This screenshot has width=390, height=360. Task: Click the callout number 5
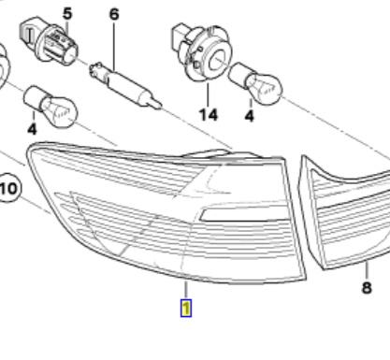tap(67, 14)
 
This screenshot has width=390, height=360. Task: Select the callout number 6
tap(114, 14)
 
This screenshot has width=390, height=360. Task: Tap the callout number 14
tap(209, 115)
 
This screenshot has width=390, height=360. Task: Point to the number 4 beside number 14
tap(250, 116)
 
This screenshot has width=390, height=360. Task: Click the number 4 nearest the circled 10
tap(32, 128)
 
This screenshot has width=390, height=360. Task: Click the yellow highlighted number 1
tap(186, 309)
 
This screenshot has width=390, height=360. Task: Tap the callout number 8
tap(367, 287)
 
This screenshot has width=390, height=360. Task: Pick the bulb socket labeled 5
tap(49, 41)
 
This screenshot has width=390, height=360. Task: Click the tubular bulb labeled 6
tap(125, 86)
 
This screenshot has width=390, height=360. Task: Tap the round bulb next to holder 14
tap(255, 82)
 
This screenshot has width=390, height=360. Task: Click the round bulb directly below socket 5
tap(51, 106)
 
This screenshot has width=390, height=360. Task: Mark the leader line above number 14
tap(208, 94)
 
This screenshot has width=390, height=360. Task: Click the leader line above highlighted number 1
tap(186, 290)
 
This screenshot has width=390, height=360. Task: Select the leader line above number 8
tap(367, 270)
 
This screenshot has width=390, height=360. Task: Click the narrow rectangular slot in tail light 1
tap(243, 215)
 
